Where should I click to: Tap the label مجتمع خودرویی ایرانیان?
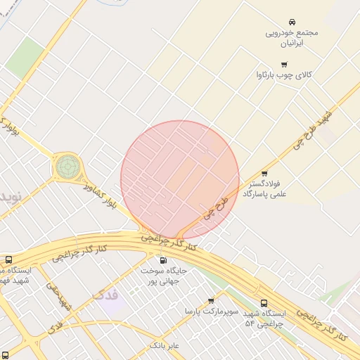(292, 37)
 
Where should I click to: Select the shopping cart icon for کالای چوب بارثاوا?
(283, 65)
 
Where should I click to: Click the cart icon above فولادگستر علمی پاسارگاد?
(264, 174)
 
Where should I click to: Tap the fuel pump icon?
(164, 260)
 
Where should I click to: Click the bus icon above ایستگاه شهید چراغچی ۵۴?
(264, 304)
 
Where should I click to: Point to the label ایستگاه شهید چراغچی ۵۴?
(265, 318)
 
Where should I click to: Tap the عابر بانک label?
(165, 346)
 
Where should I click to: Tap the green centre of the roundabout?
(68, 167)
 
